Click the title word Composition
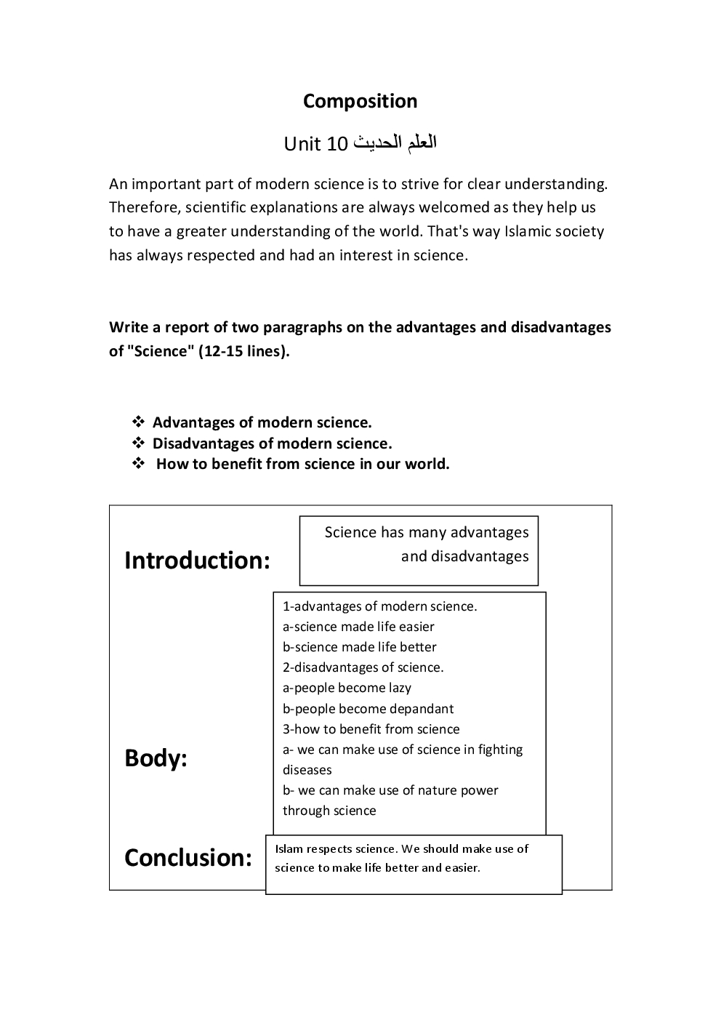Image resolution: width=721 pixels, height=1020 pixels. [360, 101]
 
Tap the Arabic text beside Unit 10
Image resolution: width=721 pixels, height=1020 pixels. [395, 142]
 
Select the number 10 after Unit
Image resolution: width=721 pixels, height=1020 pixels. [337, 144]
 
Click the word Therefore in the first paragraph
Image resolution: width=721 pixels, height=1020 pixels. [145, 207]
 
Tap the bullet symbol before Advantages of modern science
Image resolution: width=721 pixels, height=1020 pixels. [138, 422]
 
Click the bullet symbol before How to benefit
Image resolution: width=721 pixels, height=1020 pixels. [138, 464]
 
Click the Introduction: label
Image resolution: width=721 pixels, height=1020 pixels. [197, 561]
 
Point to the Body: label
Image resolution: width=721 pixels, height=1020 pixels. [156, 758]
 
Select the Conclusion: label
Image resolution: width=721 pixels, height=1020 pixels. [188, 858]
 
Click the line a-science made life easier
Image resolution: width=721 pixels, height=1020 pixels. [358, 627]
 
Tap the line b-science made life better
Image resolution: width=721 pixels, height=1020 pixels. [360, 647]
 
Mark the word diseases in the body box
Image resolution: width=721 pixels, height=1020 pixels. [307, 770]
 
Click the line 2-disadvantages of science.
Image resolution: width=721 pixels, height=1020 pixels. [363, 667]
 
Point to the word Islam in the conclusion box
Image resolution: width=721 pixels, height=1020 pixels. [289, 848]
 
